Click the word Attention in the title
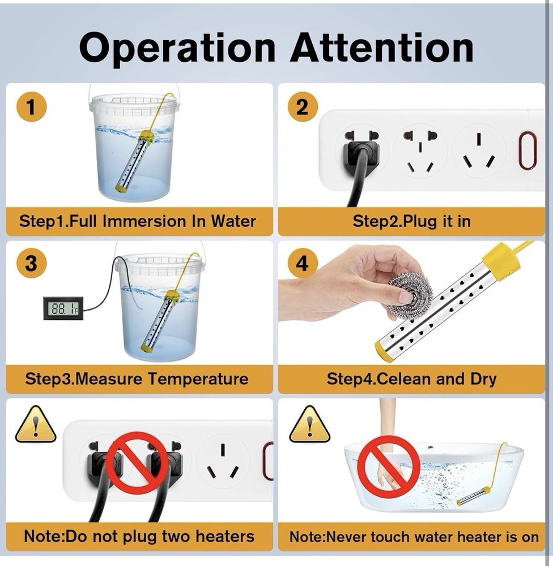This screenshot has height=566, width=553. click(x=382, y=48)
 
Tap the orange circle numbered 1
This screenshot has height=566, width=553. click(x=31, y=107)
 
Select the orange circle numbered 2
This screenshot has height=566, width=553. click(x=303, y=107)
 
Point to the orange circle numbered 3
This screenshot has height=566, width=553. click(x=31, y=263)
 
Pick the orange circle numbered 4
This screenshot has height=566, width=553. click(x=303, y=263)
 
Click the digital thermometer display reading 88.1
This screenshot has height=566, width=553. click(x=63, y=308)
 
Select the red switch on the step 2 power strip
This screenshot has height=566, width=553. click(x=527, y=150)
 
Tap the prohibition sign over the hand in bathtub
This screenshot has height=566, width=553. click(x=389, y=467)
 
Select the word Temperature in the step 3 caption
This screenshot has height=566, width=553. click(x=198, y=379)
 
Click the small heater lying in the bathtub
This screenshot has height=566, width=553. click(x=474, y=496)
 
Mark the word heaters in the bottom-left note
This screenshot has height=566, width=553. click(x=225, y=537)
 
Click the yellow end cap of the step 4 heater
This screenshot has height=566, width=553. click(x=384, y=351)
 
